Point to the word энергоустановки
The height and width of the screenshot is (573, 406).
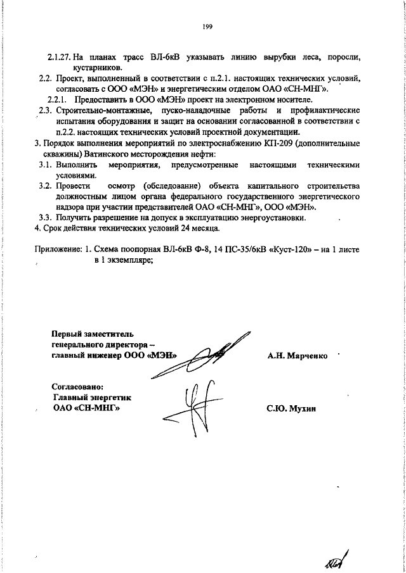click(273, 218)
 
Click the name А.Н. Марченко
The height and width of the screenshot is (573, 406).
click(298, 356)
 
